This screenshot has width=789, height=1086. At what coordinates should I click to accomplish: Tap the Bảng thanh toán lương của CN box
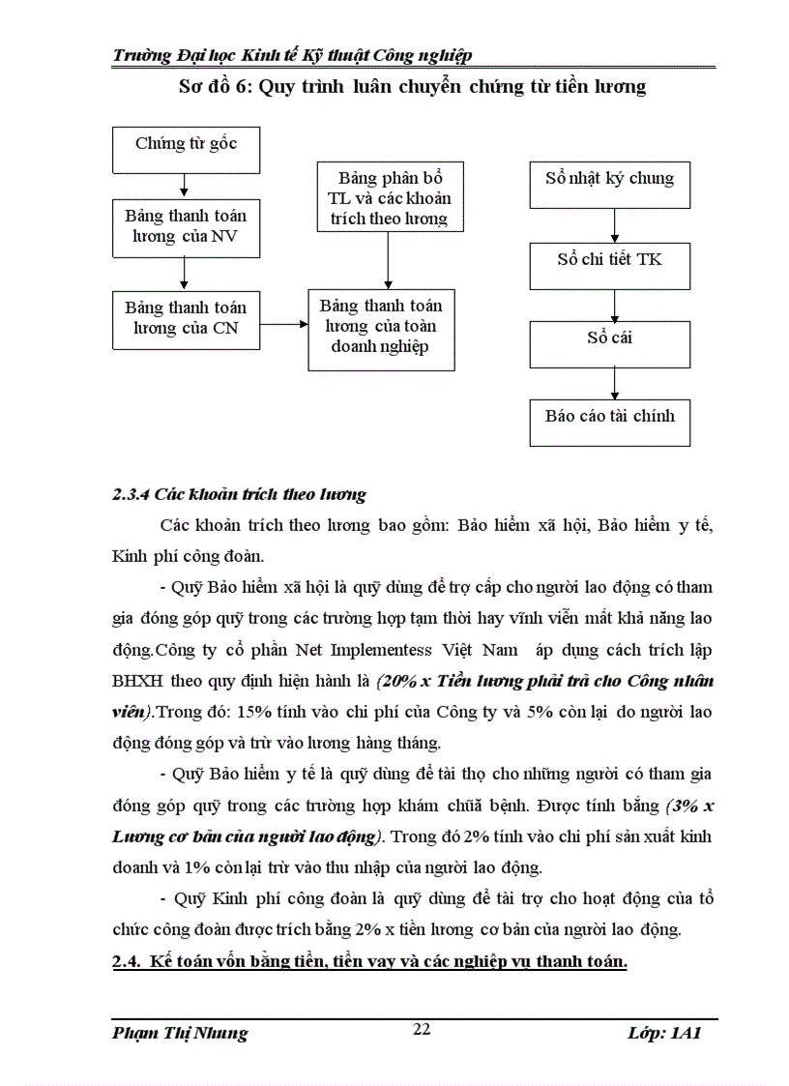pyautogui.click(x=186, y=320)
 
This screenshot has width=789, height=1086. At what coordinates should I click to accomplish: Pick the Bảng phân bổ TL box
pyautogui.click(x=388, y=198)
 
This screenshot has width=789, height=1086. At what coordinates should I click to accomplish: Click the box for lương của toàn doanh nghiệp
pyautogui.click(x=381, y=329)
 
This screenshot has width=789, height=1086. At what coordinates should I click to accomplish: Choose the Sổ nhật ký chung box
pyautogui.click(x=609, y=184)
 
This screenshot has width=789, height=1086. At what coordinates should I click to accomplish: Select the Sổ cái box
pyautogui.click(x=609, y=343)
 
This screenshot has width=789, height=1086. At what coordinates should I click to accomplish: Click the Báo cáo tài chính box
pyautogui.click(x=609, y=422)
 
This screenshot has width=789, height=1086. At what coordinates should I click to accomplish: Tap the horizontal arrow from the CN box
pyautogui.click(x=283, y=326)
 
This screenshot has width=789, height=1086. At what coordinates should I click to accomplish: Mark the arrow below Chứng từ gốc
pyautogui.click(x=184, y=187)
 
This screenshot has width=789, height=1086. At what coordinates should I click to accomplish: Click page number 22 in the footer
pyautogui.click(x=422, y=1030)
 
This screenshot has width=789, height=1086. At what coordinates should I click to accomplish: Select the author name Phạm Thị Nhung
pyautogui.click(x=180, y=1033)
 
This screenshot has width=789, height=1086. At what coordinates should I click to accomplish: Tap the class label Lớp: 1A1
pyautogui.click(x=663, y=1033)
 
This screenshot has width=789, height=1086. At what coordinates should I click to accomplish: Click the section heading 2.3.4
pyautogui.click(x=239, y=494)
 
